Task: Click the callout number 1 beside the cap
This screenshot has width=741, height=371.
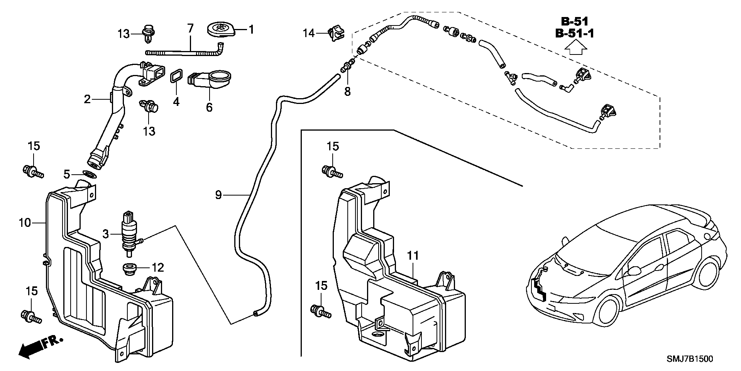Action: tap(251, 29)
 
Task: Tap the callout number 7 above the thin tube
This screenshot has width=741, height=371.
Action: tap(190, 28)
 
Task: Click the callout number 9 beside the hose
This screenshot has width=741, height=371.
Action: tap(218, 195)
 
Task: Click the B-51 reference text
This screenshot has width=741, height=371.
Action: tap(574, 21)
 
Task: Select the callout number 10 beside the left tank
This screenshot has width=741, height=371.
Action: tap(25, 223)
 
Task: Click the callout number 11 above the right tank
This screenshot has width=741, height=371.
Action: tap(413, 256)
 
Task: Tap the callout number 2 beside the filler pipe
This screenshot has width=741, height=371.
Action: tap(87, 99)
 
